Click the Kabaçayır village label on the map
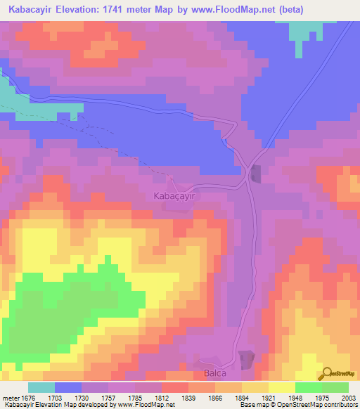tap(173, 197)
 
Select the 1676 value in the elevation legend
tap(28, 397)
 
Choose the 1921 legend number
tap(268, 397)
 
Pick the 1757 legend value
tap(108, 397)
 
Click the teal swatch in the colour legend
tap(41, 387)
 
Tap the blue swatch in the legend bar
tap(68, 387)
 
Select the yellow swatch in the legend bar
tap(281, 387)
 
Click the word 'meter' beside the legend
tap(11, 397)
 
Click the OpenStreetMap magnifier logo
tap(328, 375)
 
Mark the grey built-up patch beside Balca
tap(246, 360)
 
